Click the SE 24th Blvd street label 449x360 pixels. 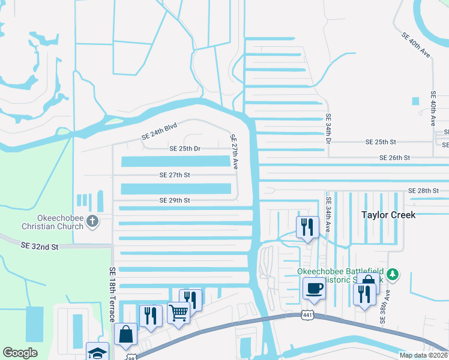point(160,133)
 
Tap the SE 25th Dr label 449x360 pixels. point(185,148)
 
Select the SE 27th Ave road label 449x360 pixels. point(235,151)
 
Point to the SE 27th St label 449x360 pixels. point(175,175)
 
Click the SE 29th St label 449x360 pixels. point(175,200)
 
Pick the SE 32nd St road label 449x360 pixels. point(40,246)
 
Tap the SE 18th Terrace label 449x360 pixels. point(112,294)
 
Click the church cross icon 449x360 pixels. point(92,221)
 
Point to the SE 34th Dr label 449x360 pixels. point(328,130)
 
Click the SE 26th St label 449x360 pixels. point(394,157)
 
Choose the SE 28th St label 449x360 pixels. point(424,190)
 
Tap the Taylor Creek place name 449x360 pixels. point(388,214)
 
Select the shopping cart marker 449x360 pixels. point(178,312)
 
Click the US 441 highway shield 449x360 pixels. point(307,314)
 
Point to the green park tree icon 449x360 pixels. point(393,274)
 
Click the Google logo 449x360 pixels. point(20,353)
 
